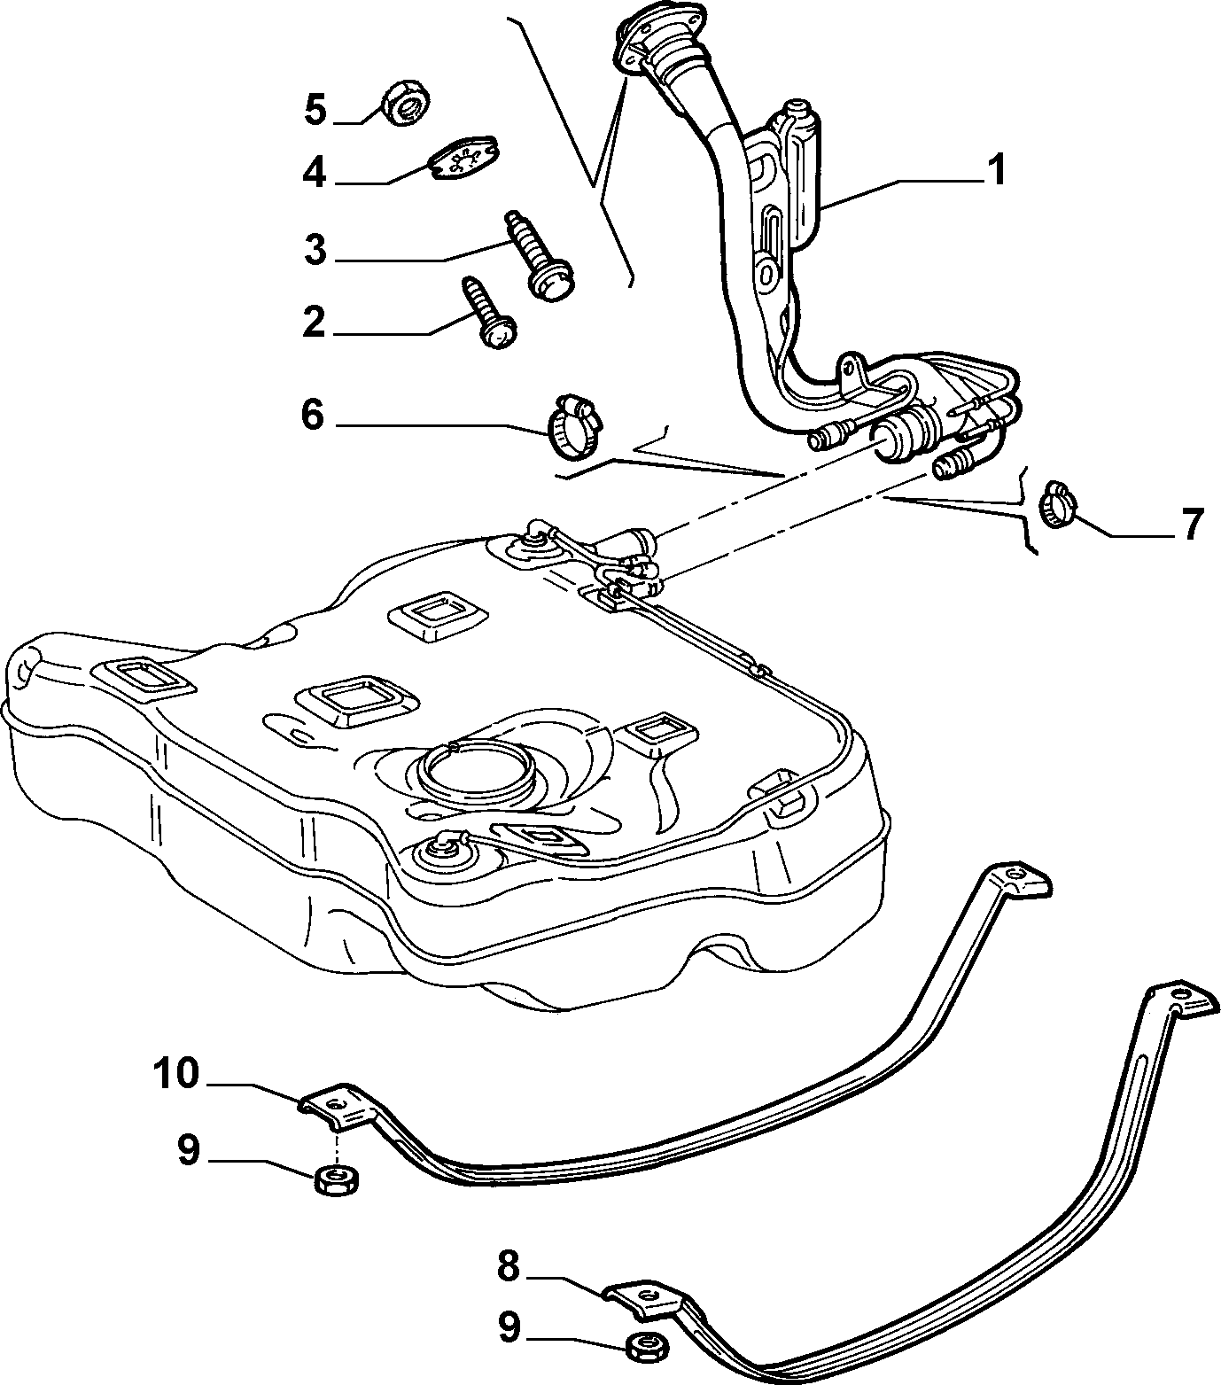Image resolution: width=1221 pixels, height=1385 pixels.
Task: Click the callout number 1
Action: point(997,170)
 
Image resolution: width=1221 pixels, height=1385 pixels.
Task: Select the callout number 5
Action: point(316,110)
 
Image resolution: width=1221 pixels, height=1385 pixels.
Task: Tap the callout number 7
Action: point(1192,525)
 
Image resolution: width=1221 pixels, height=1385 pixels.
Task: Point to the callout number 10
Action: point(177,1074)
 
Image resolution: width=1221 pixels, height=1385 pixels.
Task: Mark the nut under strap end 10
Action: point(335,1180)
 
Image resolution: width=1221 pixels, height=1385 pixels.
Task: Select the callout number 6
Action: point(313,415)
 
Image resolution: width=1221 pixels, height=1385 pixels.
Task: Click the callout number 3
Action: point(315,251)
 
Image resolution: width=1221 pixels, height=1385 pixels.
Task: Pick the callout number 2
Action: point(314,323)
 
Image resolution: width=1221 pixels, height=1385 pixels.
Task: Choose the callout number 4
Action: point(315,173)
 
